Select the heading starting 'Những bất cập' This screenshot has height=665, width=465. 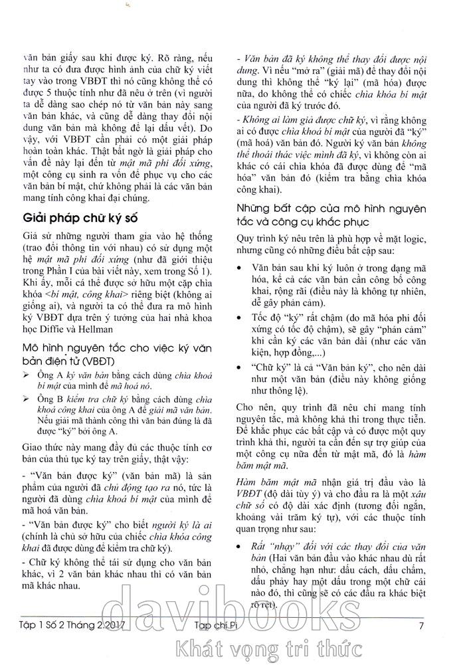(333, 215)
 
